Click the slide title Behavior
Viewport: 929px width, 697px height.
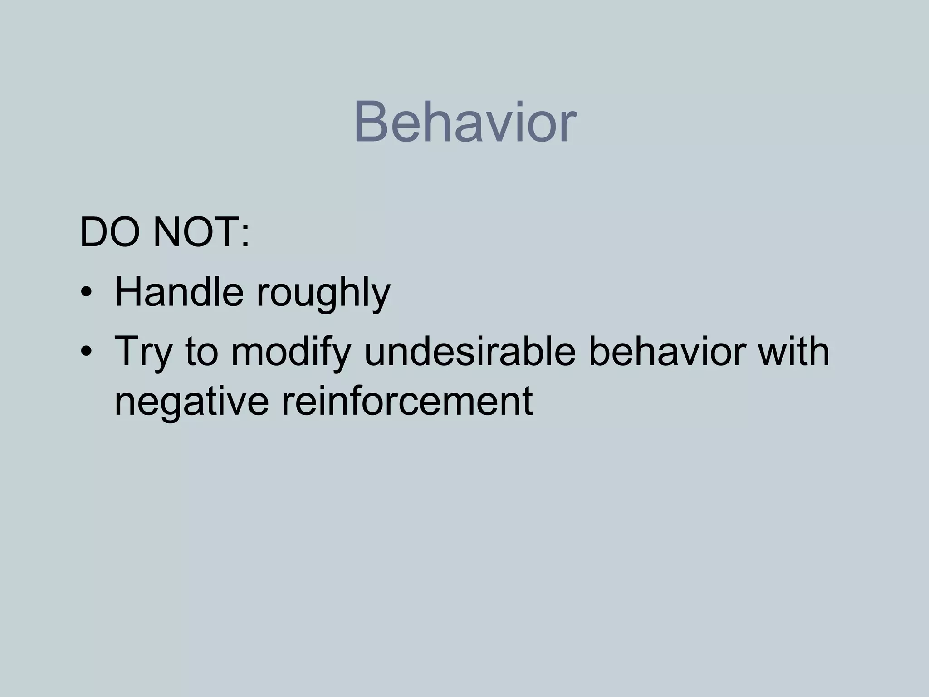(464, 123)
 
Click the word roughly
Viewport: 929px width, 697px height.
(323, 294)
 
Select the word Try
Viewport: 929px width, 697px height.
(143, 353)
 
